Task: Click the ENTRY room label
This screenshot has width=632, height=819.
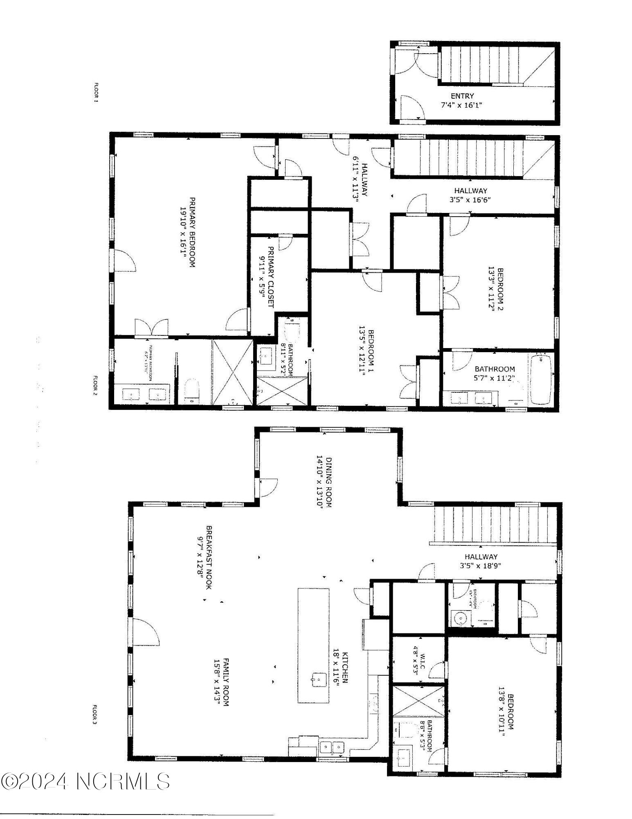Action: pyautogui.click(x=462, y=96)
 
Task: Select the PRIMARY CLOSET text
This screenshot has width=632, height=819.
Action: pyautogui.click(x=270, y=277)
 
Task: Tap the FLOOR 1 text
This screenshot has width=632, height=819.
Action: pyautogui.click(x=97, y=93)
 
